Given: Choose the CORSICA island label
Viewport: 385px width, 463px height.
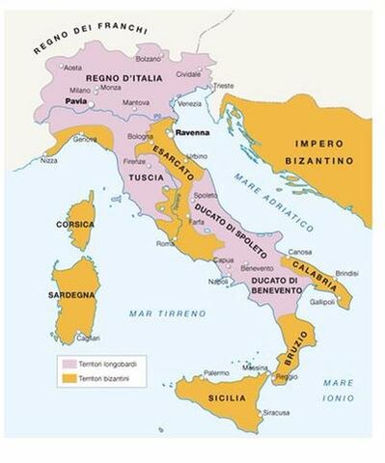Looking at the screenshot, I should pos(75,223).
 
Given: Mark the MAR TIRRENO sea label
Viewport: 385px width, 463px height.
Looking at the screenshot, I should pos(167,313).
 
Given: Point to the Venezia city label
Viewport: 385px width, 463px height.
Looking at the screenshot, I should pos(189,104).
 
